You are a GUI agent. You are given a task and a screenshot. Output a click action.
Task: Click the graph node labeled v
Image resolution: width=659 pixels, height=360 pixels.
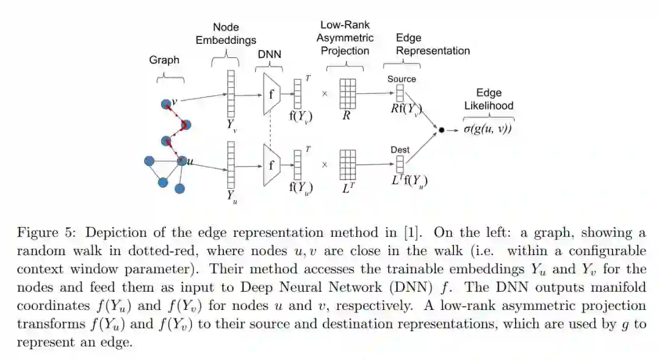pos(165,104)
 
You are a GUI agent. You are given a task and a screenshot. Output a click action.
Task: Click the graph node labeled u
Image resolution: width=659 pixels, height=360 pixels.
pos(182,161)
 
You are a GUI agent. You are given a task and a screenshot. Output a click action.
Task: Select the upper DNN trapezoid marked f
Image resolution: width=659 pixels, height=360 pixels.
pos(272,94)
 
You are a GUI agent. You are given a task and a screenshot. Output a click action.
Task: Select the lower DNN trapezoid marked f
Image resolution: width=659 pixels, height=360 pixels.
pos(272,165)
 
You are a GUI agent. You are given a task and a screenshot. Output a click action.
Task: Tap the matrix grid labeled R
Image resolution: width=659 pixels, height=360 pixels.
pos(347,94)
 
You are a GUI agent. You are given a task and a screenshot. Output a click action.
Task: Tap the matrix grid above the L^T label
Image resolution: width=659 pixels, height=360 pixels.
pos(347,165)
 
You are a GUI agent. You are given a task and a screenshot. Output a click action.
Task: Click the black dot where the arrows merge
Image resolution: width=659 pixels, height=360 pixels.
pos(441,130)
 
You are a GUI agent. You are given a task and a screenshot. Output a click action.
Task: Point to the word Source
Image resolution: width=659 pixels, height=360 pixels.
pos(402,79)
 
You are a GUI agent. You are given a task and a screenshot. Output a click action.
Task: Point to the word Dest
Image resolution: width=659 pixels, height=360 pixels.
pos(400,149)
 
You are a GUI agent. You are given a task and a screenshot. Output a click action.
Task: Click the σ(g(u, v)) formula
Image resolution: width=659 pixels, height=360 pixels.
pos(488,129)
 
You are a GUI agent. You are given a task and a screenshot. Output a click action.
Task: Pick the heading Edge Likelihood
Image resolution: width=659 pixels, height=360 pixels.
pos(489,99)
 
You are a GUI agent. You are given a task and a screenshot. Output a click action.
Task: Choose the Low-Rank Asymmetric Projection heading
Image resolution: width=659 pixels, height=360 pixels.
pos(345,38)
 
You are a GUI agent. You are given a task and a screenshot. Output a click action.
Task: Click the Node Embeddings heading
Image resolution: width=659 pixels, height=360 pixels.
pos(226,34)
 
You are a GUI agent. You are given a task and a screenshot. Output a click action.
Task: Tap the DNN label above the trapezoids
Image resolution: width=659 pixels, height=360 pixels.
pos(270,54)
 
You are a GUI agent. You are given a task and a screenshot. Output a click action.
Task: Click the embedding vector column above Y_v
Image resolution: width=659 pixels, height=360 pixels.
pos(231,93)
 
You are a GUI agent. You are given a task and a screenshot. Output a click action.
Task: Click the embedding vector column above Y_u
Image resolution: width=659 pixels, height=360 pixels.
pos(231,165)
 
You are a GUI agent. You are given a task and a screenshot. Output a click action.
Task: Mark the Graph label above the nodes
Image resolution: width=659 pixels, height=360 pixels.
pos(164,60)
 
